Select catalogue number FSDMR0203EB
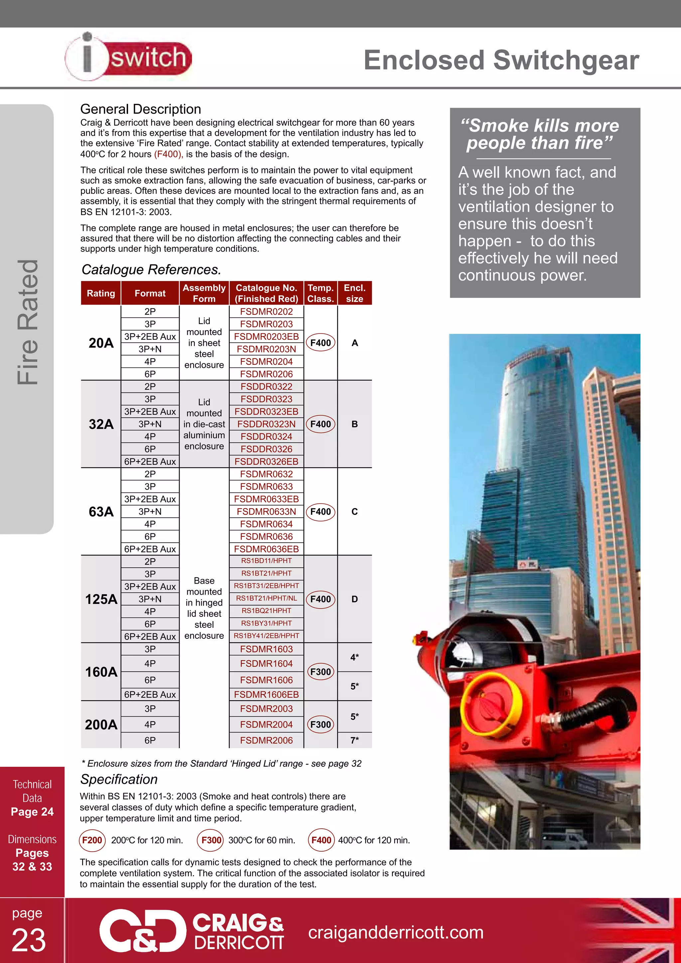point(266,337)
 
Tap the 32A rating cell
point(101,424)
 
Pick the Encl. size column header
point(354,293)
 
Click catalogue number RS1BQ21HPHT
point(266,611)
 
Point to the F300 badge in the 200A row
point(320,724)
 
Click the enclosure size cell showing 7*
point(354,740)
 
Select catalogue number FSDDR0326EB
point(266,461)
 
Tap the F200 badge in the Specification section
point(92,840)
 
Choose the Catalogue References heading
point(151,269)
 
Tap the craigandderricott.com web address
point(395,932)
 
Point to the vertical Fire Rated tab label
point(28,322)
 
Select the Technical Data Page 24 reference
point(32,798)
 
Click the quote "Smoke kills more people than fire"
point(540,134)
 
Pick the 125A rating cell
point(101,599)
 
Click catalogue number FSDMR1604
point(266,663)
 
